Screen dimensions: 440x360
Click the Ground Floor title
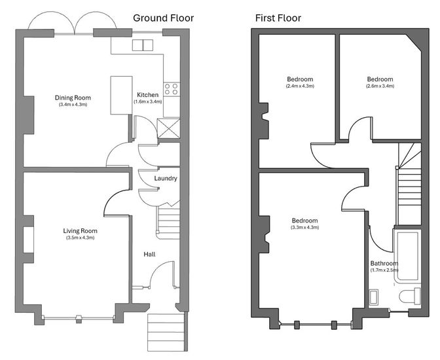pyautogui.click(x=163, y=18)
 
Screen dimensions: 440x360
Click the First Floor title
pyautogui.click(x=278, y=18)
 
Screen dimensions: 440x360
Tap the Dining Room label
pyautogui.click(x=73, y=98)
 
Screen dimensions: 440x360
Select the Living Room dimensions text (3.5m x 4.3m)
pyautogui.click(x=81, y=238)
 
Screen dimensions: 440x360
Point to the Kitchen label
pyautogui.click(x=147, y=95)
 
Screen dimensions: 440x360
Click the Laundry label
pyautogui.click(x=166, y=179)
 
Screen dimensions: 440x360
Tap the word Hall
pyautogui.click(x=149, y=254)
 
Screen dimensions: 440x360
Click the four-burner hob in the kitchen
pyautogui.click(x=171, y=89)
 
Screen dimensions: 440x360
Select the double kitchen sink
pyautogui.click(x=143, y=45)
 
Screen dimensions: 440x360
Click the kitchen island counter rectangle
pyautogui.click(x=121, y=95)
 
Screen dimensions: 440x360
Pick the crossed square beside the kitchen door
pyautogui.click(x=168, y=128)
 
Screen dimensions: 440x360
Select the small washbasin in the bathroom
pyautogui.click(x=373, y=297)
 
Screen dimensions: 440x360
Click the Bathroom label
pyautogui.click(x=384, y=264)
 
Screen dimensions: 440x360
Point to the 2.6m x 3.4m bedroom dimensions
pyautogui.click(x=380, y=86)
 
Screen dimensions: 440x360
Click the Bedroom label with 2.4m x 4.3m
pyautogui.click(x=300, y=79)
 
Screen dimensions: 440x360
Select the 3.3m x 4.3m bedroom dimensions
pyautogui.click(x=304, y=227)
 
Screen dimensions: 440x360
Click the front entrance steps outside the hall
pyautogui.click(x=166, y=333)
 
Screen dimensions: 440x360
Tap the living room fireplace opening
pyautogui.click(x=28, y=240)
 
